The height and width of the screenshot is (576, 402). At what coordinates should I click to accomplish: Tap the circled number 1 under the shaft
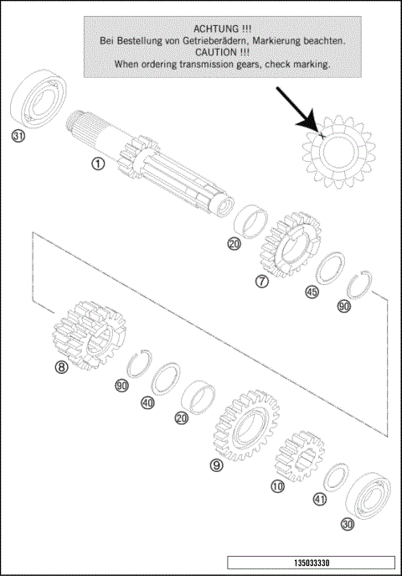click(98, 163)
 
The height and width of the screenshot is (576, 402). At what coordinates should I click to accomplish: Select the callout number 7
click(262, 282)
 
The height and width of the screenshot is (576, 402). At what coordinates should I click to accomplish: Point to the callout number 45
click(312, 293)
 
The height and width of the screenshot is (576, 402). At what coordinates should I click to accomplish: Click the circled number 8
click(61, 366)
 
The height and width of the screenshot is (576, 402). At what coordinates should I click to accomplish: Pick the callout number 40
click(148, 402)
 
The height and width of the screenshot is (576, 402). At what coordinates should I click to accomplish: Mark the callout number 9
click(217, 465)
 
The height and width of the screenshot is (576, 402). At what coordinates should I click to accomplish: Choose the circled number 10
click(278, 485)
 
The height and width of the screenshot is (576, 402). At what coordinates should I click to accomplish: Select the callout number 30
click(347, 525)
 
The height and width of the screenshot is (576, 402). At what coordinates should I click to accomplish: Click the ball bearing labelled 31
click(37, 99)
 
